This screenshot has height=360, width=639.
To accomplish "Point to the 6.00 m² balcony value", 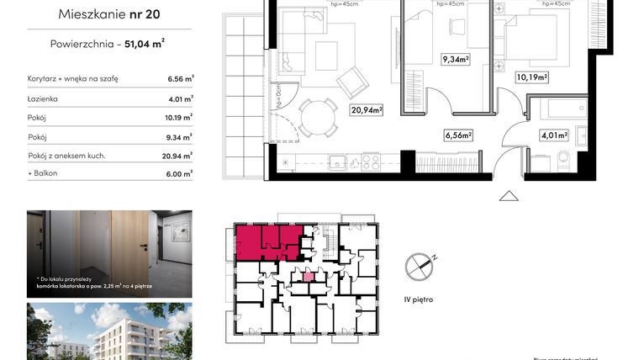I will (x=180, y=173).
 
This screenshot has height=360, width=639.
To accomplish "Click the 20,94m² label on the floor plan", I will (x=367, y=109).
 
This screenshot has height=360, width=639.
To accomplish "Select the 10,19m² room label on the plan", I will (x=531, y=77).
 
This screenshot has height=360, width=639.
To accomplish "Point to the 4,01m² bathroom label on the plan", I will (x=555, y=134).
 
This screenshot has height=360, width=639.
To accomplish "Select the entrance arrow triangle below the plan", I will (x=508, y=195).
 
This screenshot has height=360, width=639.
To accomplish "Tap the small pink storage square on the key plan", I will (x=308, y=277).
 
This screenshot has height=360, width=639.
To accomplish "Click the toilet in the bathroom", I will (x=563, y=160).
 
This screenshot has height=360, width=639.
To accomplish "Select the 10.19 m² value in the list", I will (x=180, y=117).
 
